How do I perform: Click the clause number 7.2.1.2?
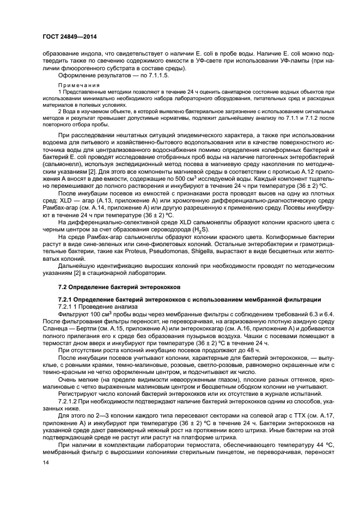coord(70,402)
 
